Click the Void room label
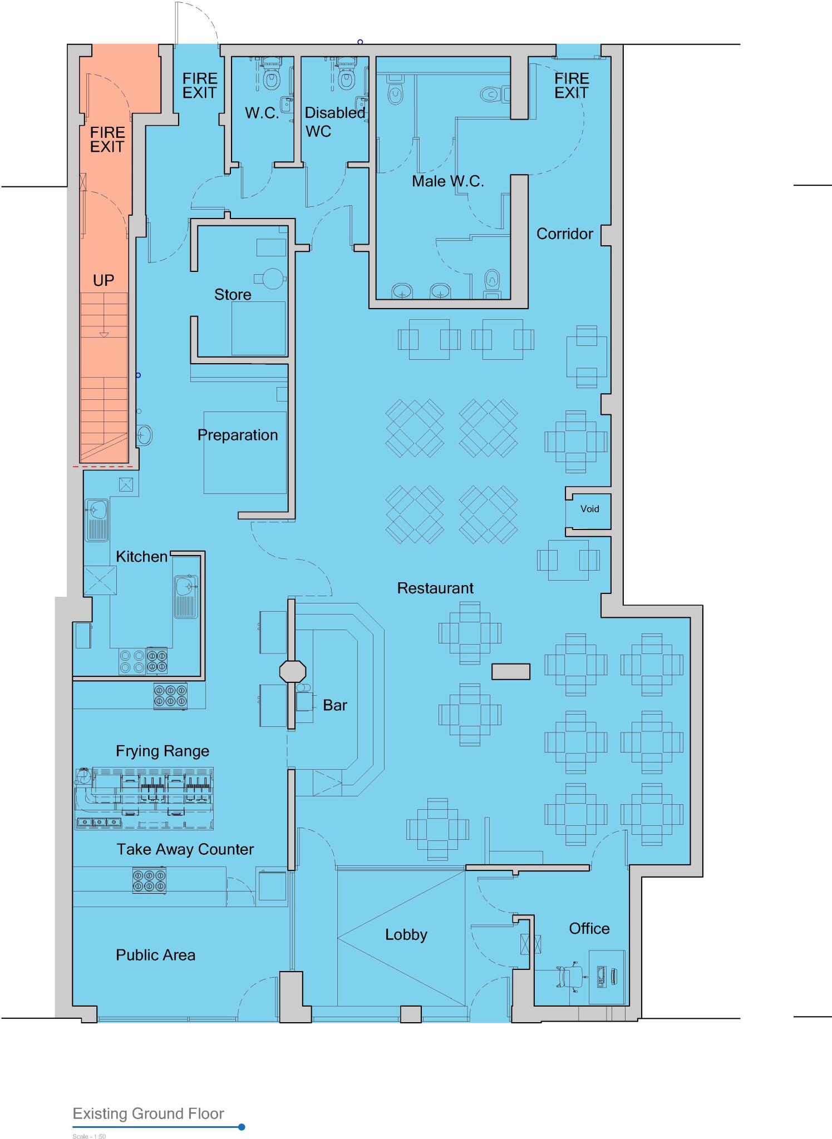coord(589,509)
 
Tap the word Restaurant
coord(435,588)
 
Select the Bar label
coord(334,705)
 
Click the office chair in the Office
coord(569,977)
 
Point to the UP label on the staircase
coord(104,280)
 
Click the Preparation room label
coord(238,435)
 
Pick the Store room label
coord(233,294)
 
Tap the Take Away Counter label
coord(185,849)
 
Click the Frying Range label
coord(163,751)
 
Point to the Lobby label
coord(406,934)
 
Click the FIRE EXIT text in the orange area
coord(107,140)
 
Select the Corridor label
coord(564,234)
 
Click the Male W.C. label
coord(447,181)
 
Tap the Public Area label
coord(155,955)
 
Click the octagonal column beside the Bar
coord(292,671)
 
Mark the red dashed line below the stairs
coord(104,467)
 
